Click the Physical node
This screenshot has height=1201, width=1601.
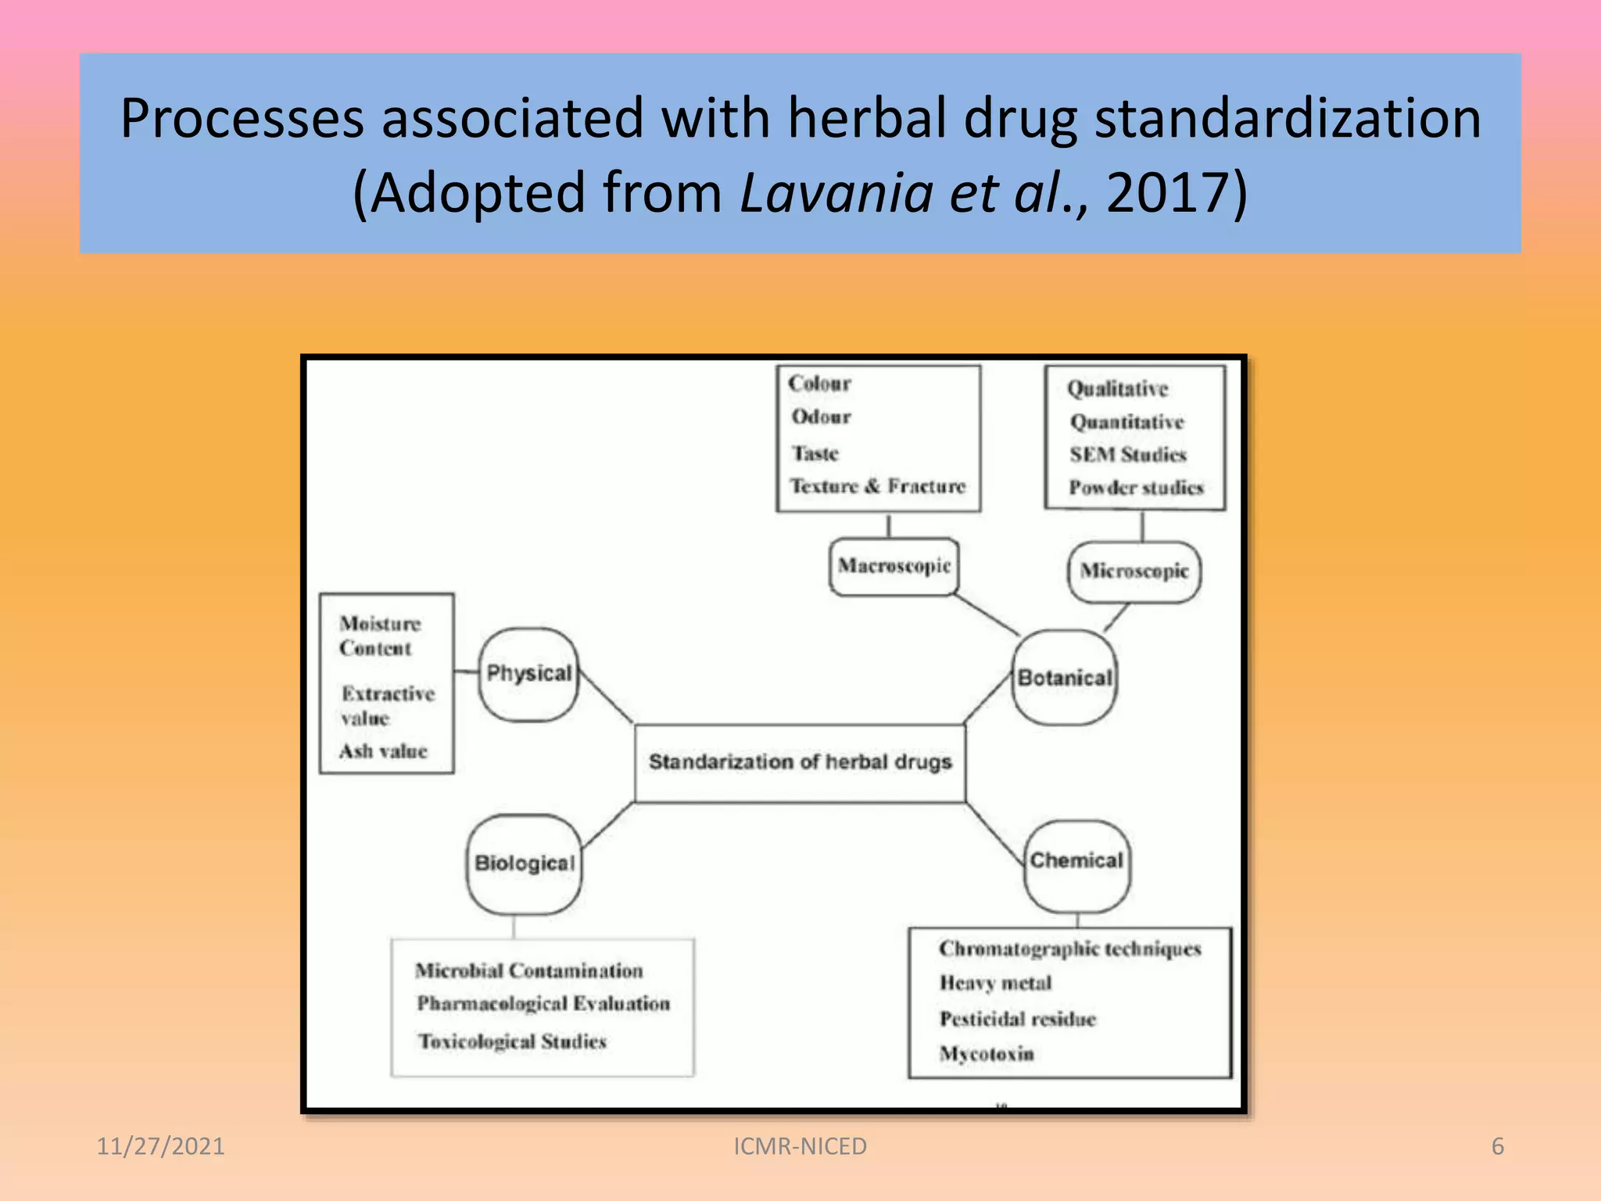[528, 674]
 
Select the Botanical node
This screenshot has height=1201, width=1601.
[1064, 678]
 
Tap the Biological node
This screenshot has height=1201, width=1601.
[524, 864]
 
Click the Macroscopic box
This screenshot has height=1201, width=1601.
[894, 566]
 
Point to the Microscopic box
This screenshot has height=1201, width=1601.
[1134, 572]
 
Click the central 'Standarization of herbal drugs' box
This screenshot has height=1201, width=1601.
[800, 762]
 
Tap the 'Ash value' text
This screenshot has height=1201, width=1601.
[383, 751]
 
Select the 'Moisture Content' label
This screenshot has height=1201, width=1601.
[379, 636]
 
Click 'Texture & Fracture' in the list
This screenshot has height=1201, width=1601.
[877, 486]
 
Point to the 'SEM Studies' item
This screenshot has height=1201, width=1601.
[1127, 454]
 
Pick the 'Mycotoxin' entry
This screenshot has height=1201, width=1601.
[987, 1054]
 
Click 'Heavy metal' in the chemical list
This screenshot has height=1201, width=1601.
[995, 983]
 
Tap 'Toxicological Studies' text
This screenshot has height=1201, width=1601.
[512, 1041]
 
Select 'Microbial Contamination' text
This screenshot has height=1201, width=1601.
[529, 970]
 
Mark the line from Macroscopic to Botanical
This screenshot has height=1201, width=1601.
[987, 615]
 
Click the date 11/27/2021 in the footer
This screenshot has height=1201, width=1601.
[160, 1146]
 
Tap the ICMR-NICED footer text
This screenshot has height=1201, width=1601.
[800, 1146]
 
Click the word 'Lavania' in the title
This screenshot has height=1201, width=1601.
[835, 192]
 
